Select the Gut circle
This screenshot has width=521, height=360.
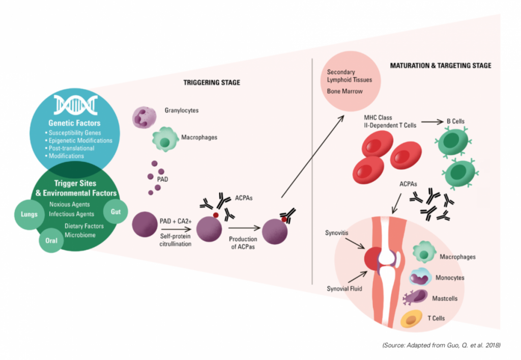tap(115, 211)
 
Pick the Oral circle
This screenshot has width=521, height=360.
tap(51, 241)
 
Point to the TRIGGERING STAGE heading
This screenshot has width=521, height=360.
tap(212, 81)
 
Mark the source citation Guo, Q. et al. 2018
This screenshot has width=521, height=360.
tap(441, 345)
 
